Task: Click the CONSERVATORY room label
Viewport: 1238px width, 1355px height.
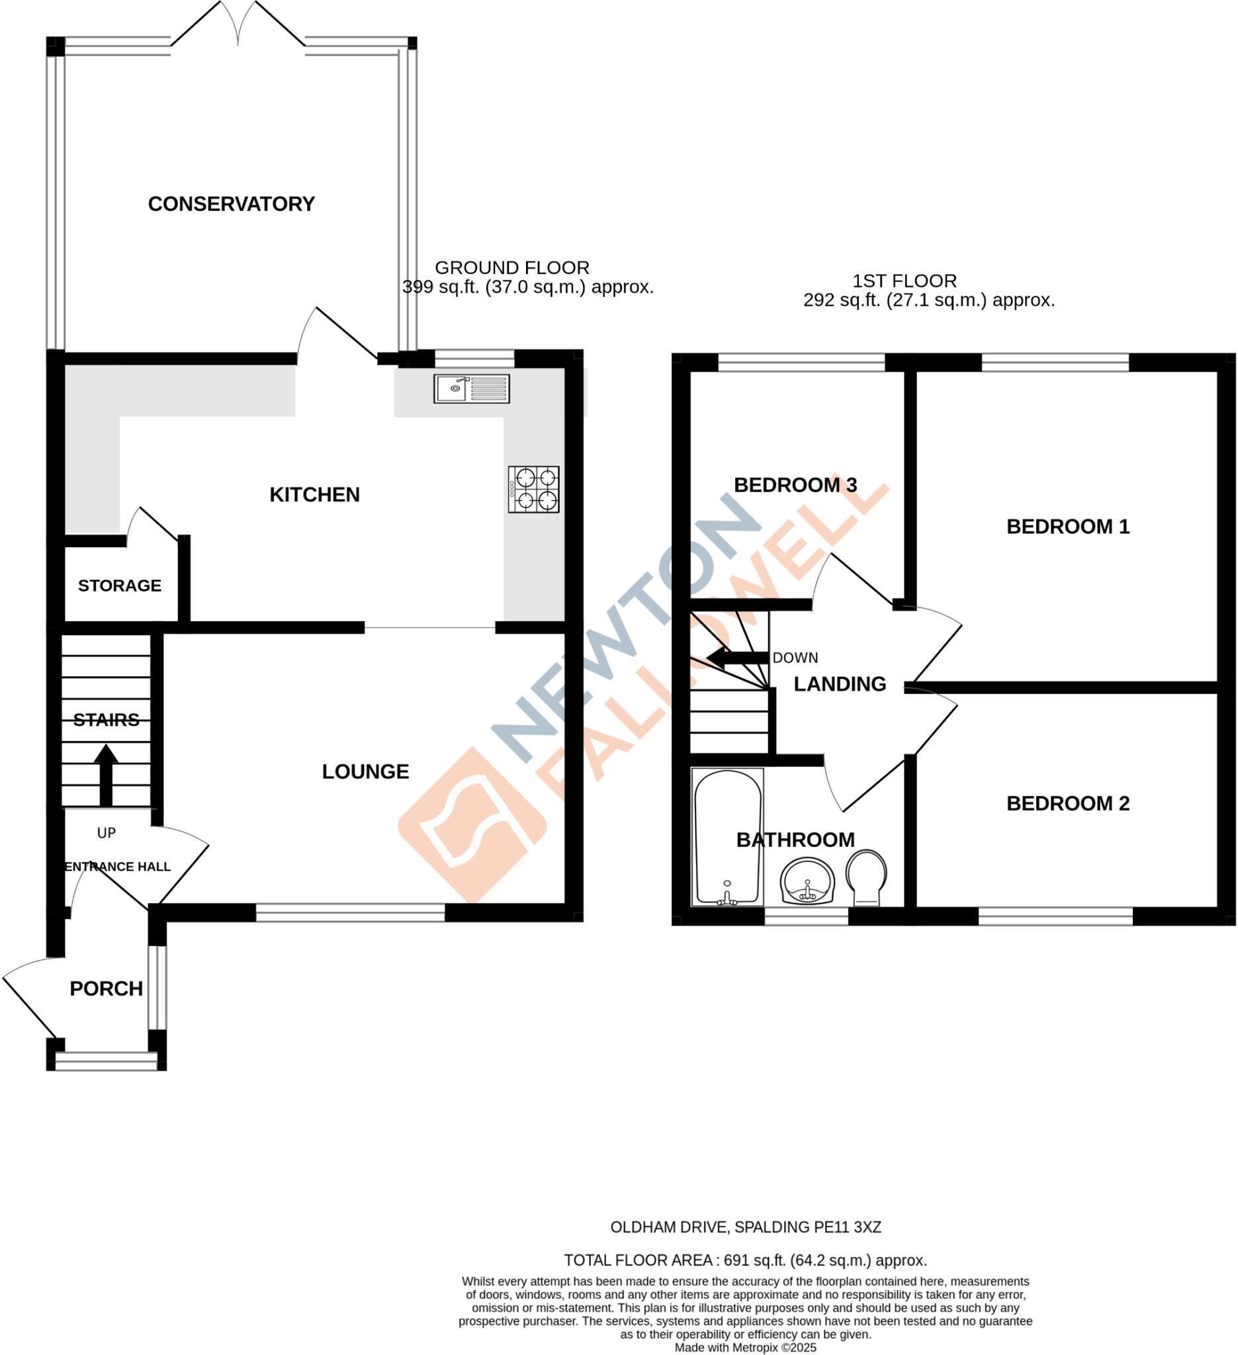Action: tap(231, 204)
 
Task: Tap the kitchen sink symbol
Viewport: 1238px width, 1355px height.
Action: tap(471, 388)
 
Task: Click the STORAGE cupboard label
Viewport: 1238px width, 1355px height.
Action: tap(120, 586)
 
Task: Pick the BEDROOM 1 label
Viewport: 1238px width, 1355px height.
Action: tap(1067, 526)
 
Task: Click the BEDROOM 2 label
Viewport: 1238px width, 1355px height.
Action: tap(1067, 803)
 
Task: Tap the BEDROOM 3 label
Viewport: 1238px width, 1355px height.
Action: tap(795, 484)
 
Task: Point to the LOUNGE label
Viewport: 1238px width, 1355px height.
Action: tap(365, 771)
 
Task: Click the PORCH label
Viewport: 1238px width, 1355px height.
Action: tap(106, 988)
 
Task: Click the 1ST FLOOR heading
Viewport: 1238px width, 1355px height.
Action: tap(904, 281)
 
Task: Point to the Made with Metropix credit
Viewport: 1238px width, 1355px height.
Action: tap(744, 1348)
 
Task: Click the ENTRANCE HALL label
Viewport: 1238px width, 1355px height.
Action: tap(118, 867)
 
